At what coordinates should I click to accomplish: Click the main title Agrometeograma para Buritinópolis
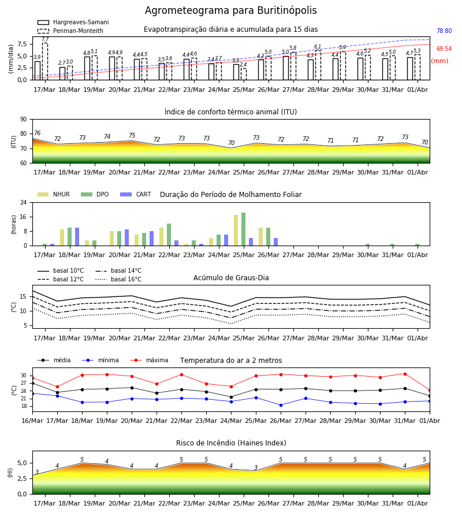[x=230, y=10]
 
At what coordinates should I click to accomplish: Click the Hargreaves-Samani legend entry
[x=73, y=22]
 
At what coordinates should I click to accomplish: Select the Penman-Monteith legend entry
[x=70, y=31]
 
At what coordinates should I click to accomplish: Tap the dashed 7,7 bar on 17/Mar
[x=44, y=61]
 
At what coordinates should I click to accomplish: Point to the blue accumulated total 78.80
[x=444, y=31]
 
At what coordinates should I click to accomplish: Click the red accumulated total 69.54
[x=444, y=49]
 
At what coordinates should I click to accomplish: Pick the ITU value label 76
[x=37, y=133]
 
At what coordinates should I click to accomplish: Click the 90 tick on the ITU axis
[x=24, y=120]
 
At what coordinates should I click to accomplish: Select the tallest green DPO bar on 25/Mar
[x=244, y=229]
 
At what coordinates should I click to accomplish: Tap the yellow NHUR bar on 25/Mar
[x=236, y=231]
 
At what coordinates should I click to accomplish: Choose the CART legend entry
[x=136, y=194]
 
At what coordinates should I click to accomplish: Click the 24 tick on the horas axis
[x=24, y=202]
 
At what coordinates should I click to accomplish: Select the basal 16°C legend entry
[x=118, y=279]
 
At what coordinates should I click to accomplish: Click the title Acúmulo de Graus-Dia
[x=231, y=278]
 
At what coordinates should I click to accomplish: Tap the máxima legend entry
[x=149, y=360]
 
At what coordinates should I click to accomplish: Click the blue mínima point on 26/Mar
[x=281, y=405]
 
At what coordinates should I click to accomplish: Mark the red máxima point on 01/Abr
[x=430, y=391]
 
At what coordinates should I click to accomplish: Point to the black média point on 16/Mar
[x=32, y=384]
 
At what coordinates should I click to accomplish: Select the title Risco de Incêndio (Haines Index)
[x=231, y=443]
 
